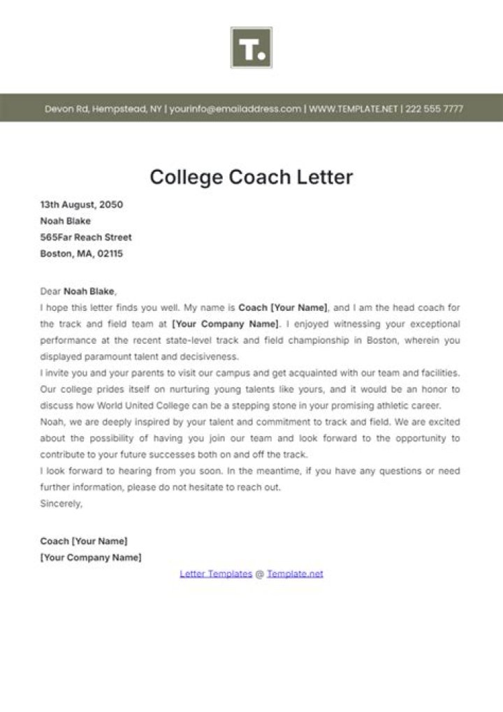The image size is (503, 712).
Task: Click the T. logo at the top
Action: point(251,48)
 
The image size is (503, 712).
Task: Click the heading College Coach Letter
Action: point(251,177)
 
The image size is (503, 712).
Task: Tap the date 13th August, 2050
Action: point(82,205)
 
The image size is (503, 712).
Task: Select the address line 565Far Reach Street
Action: point(86,238)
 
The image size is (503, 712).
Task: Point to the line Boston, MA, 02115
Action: point(81,254)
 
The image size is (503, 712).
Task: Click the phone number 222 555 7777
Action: point(434,109)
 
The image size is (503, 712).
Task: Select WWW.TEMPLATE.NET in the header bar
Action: point(353,109)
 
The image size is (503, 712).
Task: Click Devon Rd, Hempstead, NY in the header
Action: point(103,109)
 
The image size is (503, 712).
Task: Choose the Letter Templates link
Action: point(216,574)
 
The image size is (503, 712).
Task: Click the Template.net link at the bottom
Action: point(295,574)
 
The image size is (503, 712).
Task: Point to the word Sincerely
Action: point(61,503)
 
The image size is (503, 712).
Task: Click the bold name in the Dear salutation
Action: point(89,291)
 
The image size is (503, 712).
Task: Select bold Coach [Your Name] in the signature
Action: point(84,541)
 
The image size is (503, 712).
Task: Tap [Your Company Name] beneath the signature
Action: point(91,558)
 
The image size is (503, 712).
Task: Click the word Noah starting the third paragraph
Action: point(51,422)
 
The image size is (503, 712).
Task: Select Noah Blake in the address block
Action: point(66,221)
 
